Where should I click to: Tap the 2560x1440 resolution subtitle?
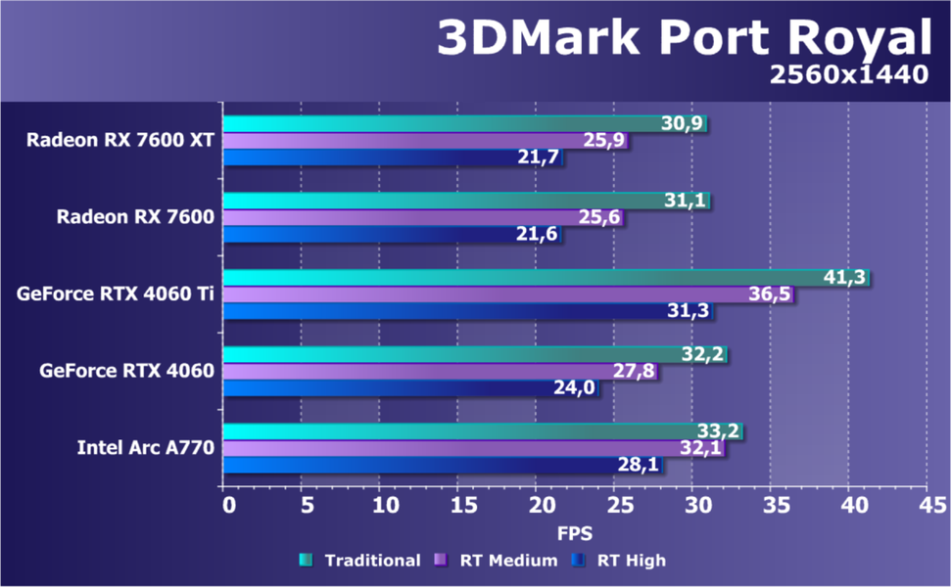[848, 74]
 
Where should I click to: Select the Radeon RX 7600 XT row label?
[120, 139]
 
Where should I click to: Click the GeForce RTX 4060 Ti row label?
[116, 293]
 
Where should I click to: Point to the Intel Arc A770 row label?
[146, 448]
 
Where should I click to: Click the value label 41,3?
[844, 278]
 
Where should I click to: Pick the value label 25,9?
[604, 140]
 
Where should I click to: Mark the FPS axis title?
[574, 534]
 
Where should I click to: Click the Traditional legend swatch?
[307, 561]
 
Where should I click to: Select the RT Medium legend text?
[509, 561]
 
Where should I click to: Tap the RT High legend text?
[632, 561]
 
